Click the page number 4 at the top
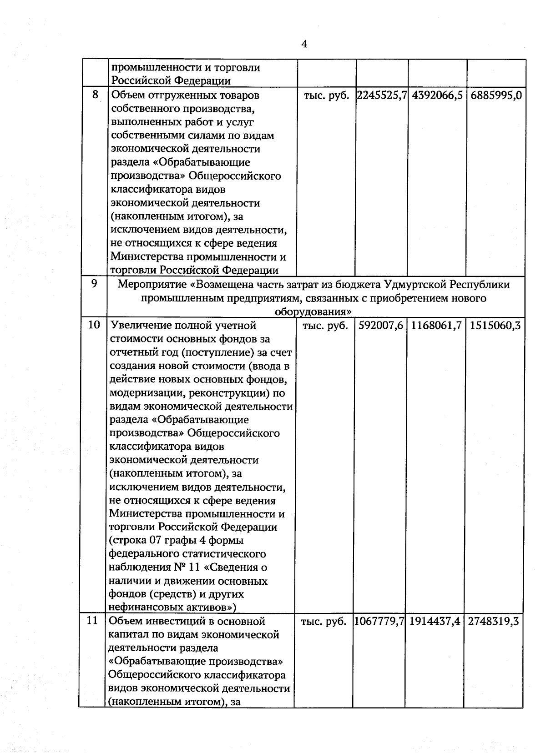click(304, 44)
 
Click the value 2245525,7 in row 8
click(381, 95)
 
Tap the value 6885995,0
click(495, 95)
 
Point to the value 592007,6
click(381, 326)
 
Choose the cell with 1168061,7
click(436, 326)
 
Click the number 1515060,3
click(495, 326)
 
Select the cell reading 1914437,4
click(435, 621)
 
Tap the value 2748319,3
click(494, 621)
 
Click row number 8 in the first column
click(95, 95)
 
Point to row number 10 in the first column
click(94, 326)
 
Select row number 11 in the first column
click(93, 620)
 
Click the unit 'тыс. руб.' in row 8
click(326, 96)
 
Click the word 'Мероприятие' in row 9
click(152, 285)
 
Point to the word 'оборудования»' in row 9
click(313, 312)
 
